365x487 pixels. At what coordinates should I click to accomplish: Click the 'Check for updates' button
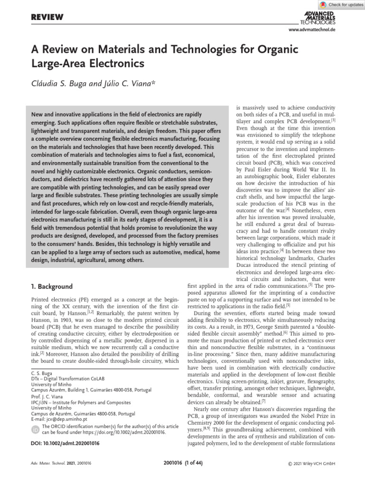340,4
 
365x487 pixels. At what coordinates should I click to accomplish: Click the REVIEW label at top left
47,18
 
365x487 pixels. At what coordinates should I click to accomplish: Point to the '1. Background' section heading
52,287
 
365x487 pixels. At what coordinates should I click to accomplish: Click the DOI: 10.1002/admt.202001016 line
65,443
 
